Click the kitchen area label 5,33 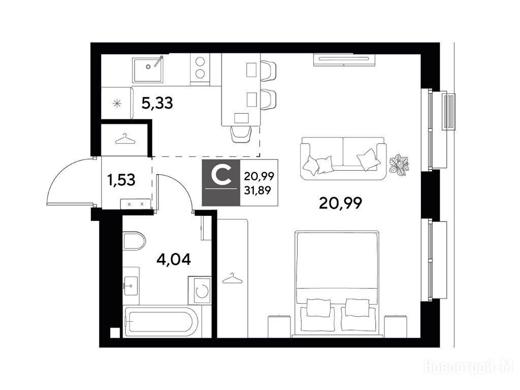click(x=157, y=103)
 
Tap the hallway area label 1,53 click(x=121, y=180)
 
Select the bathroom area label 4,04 click(x=174, y=259)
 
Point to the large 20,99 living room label click(x=340, y=203)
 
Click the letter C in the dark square click(x=221, y=176)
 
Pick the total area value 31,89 click(x=257, y=190)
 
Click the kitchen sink click(x=148, y=69)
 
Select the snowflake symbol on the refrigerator click(x=117, y=104)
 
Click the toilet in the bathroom click(x=134, y=241)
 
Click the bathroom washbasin click(x=131, y=285)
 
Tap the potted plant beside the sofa click(x=400, y=164)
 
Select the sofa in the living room click(x=343, y=158)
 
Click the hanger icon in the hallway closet click(x=125, y=139)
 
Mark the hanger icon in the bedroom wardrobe click(x=232, y=278)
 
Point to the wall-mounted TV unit click(x=344, y=60)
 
